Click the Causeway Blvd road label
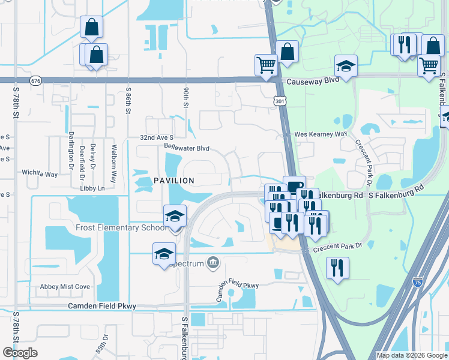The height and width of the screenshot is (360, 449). point(309,82)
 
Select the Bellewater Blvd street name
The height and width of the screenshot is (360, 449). point(186,147)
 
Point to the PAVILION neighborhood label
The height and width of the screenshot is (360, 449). point(173,181)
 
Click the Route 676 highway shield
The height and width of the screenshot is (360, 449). point(37,80)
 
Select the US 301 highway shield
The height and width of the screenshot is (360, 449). point(280,101)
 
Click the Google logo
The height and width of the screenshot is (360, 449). point(20,353)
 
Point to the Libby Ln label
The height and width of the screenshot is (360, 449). point(92,188)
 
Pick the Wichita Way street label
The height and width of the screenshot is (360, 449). point(40,174)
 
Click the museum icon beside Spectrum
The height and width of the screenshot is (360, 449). point(212,262)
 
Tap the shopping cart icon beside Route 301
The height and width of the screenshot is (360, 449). point(266,65)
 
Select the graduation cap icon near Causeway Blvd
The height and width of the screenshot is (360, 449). point(346,66)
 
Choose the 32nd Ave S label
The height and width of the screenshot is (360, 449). point(157,137)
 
